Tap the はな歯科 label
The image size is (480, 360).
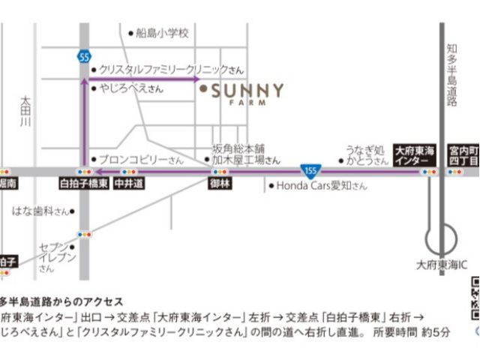[41, 211]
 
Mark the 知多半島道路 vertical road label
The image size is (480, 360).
[452, 75]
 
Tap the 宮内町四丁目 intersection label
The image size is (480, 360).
[463, 154]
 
